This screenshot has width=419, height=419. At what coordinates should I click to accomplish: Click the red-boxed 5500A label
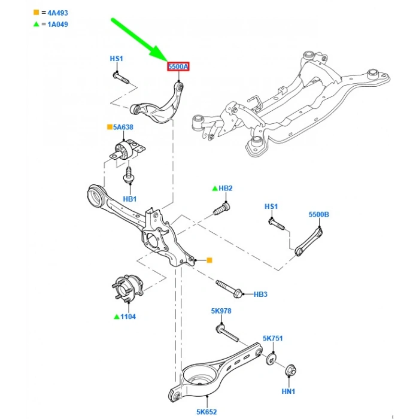178,66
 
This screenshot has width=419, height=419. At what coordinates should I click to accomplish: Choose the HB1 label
130,199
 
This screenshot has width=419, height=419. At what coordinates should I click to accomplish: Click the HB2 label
225,189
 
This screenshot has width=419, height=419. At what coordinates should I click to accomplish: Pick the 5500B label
319,214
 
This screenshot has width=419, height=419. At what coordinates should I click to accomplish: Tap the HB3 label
260,294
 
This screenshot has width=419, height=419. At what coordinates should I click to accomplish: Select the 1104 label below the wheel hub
129,316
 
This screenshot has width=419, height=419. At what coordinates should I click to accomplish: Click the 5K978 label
221,311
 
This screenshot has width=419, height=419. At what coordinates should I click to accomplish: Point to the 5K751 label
272,338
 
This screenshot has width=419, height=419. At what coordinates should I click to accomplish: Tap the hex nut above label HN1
292,369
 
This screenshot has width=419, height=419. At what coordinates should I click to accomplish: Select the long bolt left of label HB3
227,288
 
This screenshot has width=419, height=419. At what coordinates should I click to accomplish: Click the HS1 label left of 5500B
271,207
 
